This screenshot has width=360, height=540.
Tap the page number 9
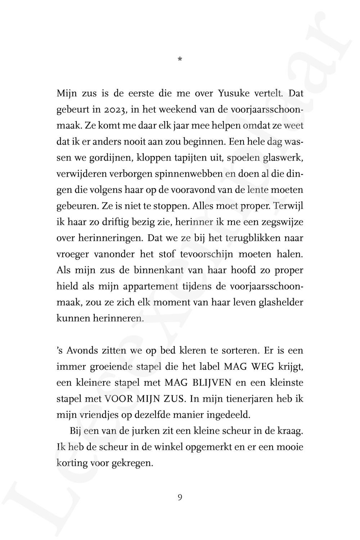pyautogui.click(x=180, y=498)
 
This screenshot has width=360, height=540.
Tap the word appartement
pyautogui.click(x=151, y=286)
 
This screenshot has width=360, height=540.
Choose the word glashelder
pyautogui.click(x=281, y=302)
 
